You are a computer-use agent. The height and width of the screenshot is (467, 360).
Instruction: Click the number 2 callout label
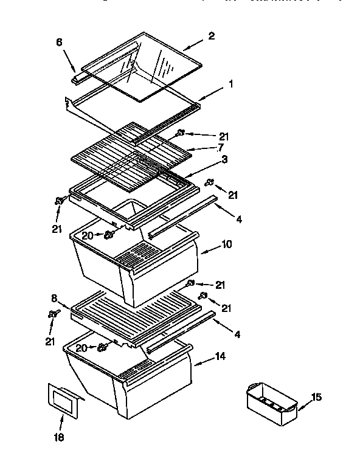(x=211, y=35)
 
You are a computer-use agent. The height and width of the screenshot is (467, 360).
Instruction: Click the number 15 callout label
(x=317, y=397)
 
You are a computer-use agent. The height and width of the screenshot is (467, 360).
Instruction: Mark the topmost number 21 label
(x=208, y=134)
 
